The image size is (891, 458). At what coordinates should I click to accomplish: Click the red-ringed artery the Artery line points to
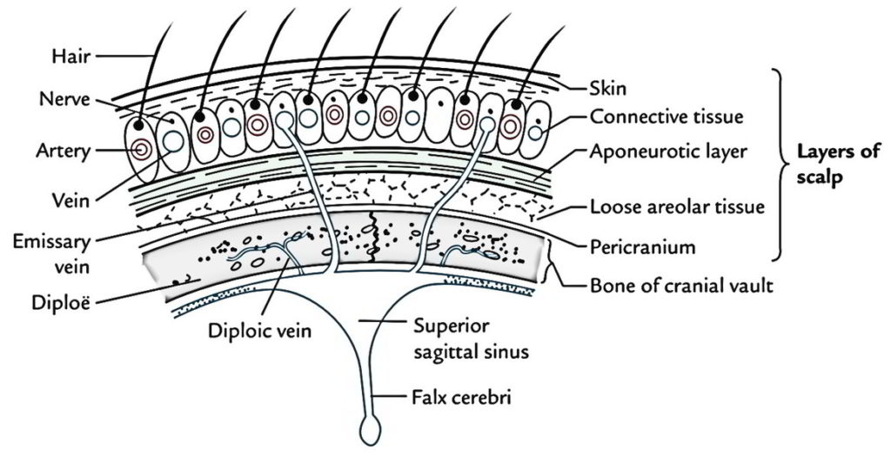click(140, 151)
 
